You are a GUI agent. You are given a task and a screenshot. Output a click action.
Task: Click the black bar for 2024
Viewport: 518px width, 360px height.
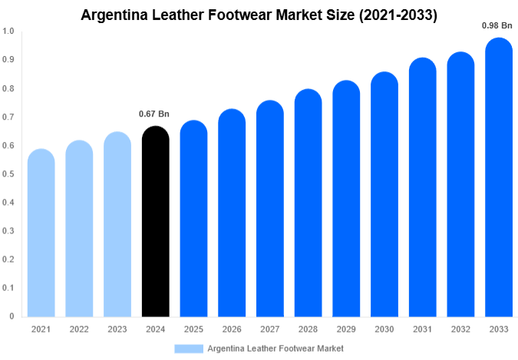click(156, 223)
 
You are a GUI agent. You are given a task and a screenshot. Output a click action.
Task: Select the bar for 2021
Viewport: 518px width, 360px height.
click(41, 234)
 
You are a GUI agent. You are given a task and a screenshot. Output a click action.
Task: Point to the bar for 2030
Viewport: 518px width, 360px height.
click(384, 195)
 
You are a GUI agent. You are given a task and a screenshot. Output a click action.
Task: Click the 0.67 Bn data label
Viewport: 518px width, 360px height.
click(154, 114)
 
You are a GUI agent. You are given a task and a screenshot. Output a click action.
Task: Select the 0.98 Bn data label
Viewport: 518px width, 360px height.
click(497, 25)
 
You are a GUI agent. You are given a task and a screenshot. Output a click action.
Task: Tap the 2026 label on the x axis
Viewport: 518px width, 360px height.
click(232, 329)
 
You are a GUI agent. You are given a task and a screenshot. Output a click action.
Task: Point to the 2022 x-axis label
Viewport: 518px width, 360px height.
click(79, 329)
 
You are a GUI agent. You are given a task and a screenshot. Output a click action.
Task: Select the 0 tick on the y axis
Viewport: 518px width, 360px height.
click(12, 316)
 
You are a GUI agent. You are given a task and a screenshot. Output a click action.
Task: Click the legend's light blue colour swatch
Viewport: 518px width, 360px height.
click(189, 348)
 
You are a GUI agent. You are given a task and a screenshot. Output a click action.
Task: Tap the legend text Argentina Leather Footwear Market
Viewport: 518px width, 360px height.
click(275, 348)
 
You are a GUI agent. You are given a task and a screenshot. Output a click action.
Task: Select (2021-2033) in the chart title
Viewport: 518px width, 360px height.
click(391, 14)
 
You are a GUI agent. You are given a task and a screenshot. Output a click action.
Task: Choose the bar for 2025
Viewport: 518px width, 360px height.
click(194, 220)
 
